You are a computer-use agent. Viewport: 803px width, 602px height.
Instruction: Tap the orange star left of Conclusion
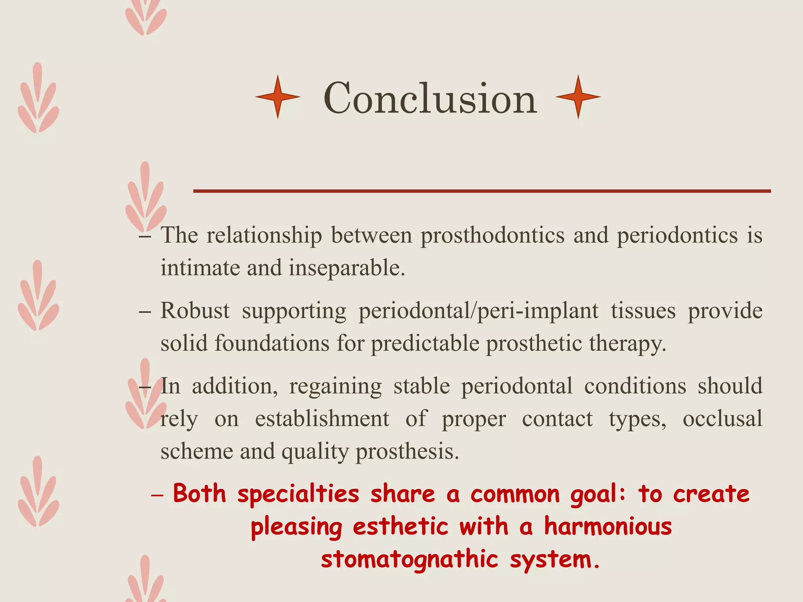point(278,97)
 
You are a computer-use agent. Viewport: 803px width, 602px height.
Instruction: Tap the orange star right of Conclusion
point(578,97)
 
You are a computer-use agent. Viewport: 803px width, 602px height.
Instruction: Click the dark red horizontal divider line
point(481,191)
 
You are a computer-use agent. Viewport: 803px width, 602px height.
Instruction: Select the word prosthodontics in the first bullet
point(492,236)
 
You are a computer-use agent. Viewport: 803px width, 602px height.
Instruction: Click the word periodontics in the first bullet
point(677,236)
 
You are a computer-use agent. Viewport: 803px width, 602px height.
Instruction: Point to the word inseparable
point(347,268)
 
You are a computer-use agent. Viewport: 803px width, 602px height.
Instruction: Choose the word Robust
point(195,311)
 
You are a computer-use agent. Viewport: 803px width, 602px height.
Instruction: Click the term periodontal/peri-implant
point(478,312)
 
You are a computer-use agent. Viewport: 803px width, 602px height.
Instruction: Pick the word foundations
point(272,343)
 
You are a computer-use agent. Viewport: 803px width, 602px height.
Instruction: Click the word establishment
point(322,419)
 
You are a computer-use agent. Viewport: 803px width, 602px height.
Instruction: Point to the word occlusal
point(722,419)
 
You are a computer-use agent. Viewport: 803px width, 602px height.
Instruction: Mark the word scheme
point(196,451)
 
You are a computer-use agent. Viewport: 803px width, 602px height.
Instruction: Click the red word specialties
point(298,494)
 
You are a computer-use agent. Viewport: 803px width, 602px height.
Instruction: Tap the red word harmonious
point(608,526)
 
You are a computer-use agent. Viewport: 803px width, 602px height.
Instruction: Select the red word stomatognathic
point(409,559)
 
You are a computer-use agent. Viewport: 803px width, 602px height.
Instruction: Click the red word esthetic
point(400,526)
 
